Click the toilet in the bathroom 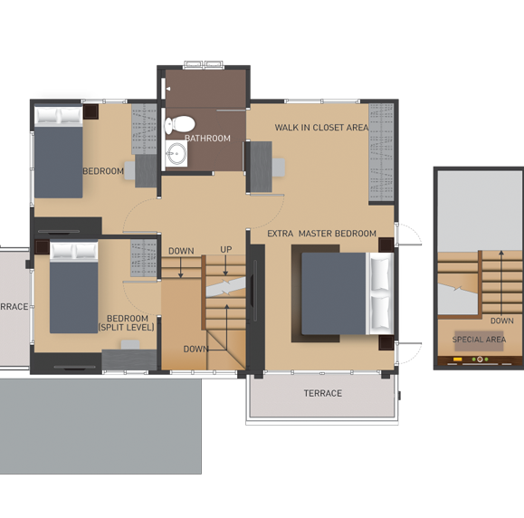point(180,124)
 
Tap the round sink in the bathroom point(177,153)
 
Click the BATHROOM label point(207,139)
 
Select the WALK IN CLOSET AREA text point(321,128)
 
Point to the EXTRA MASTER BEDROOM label point(322,234)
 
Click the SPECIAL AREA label point(479,340)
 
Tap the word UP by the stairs point(226,249)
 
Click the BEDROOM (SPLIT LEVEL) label point(127,322)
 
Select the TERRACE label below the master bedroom point(323,393)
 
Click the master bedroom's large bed point(348,293)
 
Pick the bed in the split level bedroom point(74,287)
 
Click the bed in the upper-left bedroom point(59,152)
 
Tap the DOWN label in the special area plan point(501,321)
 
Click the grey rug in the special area point(479,341)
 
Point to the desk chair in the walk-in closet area point(279,168)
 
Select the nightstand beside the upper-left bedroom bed point(91,111)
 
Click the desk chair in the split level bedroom point(130,345)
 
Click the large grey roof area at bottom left point(100,426)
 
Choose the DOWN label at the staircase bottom point(195,349)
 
